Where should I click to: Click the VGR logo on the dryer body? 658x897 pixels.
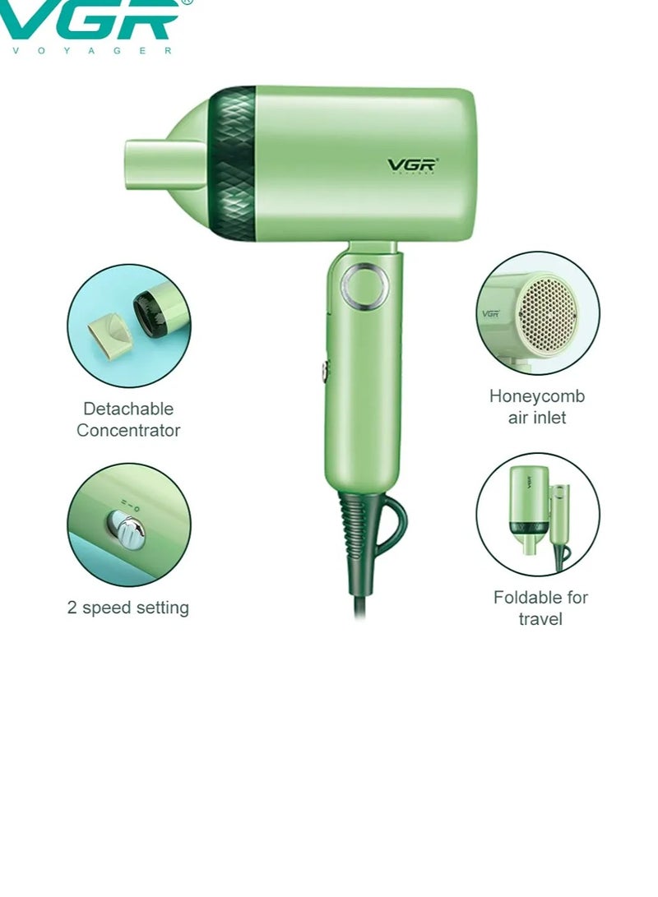click(x=413, y=164)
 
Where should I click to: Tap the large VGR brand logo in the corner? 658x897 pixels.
click(x=90, y=20)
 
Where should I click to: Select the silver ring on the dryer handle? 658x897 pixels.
click(x=361, y=284)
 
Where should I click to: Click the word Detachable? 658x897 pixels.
click(x=128, y=409)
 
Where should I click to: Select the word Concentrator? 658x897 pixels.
click(x=128, y=430)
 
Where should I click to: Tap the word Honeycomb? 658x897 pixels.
click(x=537, y=396)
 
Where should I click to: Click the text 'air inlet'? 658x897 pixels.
click(x=537, y=418)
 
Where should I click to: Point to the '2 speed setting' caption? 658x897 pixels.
click(x=128, y=608)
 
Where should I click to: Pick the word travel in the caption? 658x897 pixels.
click(x=540, y=619)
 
